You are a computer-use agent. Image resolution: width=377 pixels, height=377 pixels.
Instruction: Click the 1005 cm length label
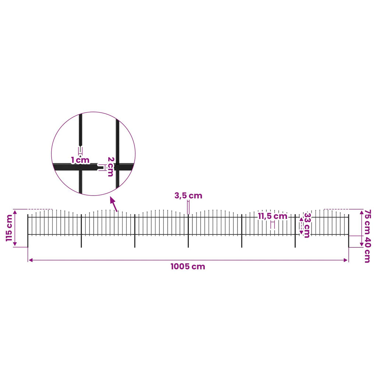click(x=188, y=267)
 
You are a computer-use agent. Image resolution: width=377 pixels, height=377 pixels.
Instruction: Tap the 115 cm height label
click(x=9, y=228)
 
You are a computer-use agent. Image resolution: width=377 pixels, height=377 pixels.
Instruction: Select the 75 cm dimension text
click(x=368, y=221)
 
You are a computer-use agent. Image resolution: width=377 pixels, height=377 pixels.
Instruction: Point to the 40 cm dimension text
click(x=368, y=250)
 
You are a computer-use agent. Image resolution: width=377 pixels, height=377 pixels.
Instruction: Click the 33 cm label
click(x=307, y=225)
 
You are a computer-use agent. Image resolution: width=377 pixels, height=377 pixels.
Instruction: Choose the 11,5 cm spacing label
click(x=273, y=216)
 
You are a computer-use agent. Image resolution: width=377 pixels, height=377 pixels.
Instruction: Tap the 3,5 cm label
click(x=188, y=196)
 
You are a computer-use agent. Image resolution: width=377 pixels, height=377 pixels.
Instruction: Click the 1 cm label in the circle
click(x=80, y=160)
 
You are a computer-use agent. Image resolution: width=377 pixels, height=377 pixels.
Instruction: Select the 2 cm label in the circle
click(x=110, y=167)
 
